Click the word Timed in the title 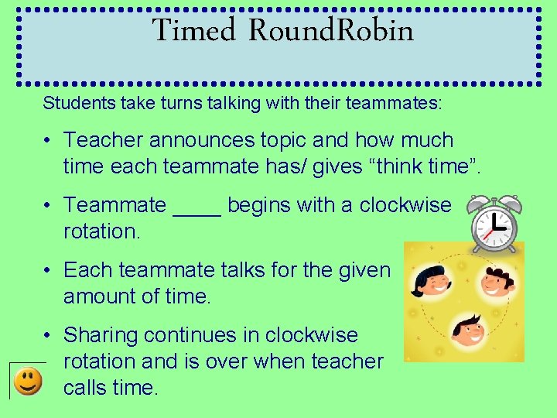point(193,31)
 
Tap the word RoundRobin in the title point(332,31)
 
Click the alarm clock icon point(494,223)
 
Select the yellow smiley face point(27,380)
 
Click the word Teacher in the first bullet point(102,140)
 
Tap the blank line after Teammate point(197,207)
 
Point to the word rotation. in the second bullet point(102,231)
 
